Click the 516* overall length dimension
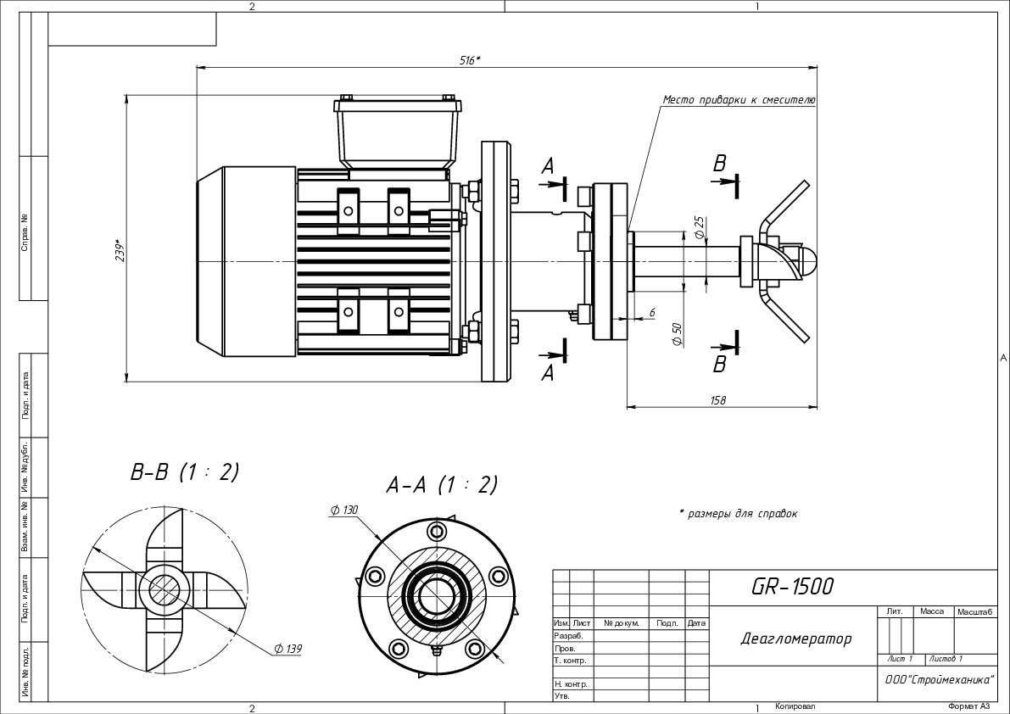point(470,60)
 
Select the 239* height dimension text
point(118,250)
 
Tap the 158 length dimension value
point(717,400)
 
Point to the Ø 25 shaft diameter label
point(700,227)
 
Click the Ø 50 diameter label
point(677,333)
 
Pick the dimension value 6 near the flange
point(652,312)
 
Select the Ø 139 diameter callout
point(288,649)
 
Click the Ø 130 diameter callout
point(344,510)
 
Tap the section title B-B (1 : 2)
point(185,472)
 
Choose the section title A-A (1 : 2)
point(442,484)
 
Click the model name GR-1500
point(792,586)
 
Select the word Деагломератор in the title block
point(796,639)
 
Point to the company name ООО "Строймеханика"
point(940,678)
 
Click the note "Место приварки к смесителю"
point(739,100)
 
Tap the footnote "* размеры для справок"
point(738,513)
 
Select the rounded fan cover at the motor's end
point(245,261)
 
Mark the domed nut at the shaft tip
point(807,261)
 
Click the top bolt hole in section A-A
point(437,531)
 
